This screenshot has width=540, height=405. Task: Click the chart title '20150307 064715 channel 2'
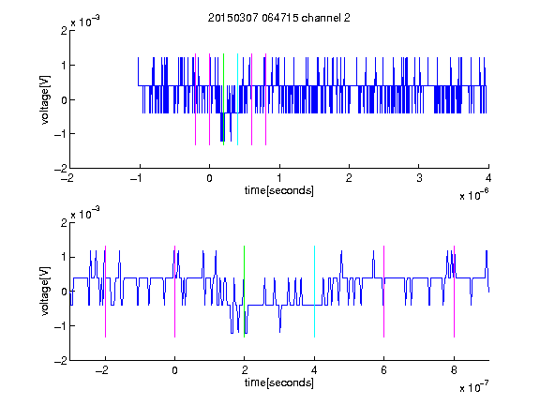pos(279,18)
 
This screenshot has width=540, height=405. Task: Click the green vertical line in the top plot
pos(223,99)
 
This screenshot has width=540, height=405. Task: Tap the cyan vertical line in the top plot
pos(237,99)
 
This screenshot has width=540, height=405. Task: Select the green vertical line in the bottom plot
pos(244,292)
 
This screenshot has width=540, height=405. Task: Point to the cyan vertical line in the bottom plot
pos(314,292)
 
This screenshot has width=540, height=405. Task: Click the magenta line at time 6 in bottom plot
pos(384,292)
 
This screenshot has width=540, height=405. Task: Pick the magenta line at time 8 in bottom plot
pos(455,292)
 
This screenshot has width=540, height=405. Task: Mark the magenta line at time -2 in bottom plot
pos(105,292)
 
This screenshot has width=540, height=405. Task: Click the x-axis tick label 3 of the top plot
pos(419,178)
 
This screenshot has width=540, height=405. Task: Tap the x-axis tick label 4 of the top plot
pos(488,178)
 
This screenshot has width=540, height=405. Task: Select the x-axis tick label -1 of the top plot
pos(137,178)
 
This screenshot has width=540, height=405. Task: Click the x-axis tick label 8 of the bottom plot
pos(455,370)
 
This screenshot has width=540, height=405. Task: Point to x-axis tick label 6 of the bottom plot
pos(384,370)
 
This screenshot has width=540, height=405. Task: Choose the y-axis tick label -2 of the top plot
pos(61,169)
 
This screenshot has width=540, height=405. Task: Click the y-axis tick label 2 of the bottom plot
pos(64,223)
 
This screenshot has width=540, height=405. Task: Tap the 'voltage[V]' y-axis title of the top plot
pos(45,99)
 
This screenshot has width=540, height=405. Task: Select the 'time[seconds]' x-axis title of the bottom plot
pos(279,382)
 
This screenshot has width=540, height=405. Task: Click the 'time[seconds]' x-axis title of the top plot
pos(279,190)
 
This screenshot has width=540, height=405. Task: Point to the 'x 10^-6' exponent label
pos(473,195)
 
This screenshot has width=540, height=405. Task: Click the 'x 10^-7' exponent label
pos(473,387)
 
